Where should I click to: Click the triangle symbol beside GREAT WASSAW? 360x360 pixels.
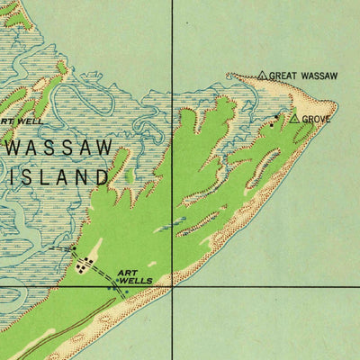click(x=262, y=76)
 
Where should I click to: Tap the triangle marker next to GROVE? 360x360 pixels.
click(x=293, y=118)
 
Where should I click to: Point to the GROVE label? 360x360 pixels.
click(x=317, y=119)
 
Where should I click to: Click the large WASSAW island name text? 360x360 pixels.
click(x=59, y=147)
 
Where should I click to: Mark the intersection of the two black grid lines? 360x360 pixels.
click(x=173, y=286)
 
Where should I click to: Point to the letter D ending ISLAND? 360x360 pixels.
click(x=102, y=177)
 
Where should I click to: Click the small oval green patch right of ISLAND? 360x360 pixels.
click(x=129, y=176)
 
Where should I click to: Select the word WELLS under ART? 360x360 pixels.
click(x=137, y=282)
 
